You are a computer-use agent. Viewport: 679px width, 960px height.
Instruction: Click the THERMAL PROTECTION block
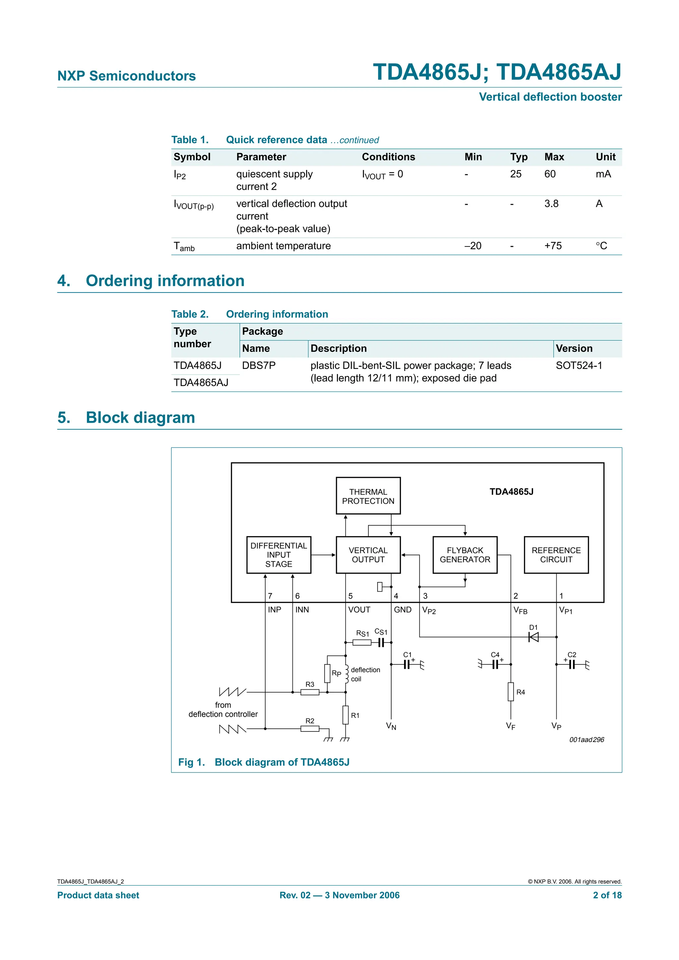pyautogui.click(x=368, y=496)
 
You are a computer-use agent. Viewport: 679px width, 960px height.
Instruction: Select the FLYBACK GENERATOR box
pyautogui.click(x=464, y=555)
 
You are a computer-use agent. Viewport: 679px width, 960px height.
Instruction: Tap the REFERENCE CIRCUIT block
pyautogui.click(x=556, y=555)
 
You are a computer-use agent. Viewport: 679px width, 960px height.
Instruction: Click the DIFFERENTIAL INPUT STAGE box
pyautogui.click(x=278, y=555)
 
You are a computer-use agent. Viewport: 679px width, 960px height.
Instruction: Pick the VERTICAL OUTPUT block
pyautogui.click(x=368, y=555)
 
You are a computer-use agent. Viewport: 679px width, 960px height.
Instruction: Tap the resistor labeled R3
pyautogui.click(x=310, y=692)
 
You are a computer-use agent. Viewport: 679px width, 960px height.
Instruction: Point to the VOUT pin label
pyautogui.click(x=359, y=610)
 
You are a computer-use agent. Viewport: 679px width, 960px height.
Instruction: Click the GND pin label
pyautogui.click(x=402, y=610)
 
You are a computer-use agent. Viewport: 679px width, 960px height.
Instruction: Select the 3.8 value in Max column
pyautogui.click(x=551, y=204)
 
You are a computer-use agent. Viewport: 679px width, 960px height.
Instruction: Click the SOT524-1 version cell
pyautogui.click(x=579, y=365)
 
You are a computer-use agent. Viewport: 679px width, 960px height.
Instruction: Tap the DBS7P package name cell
pyautogui.click(x=259, y=365)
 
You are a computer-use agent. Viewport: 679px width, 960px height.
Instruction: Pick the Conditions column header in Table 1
pyautogui.click(x=388, y=157)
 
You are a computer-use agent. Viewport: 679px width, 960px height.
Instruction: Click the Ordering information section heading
pyautogui.click(x=165, y=281)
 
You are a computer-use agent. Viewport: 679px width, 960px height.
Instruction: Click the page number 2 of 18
pyautogui.click(x=607, y=895)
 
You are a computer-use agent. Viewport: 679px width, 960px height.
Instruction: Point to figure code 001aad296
pyautogui.click(x=586, y=740)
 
